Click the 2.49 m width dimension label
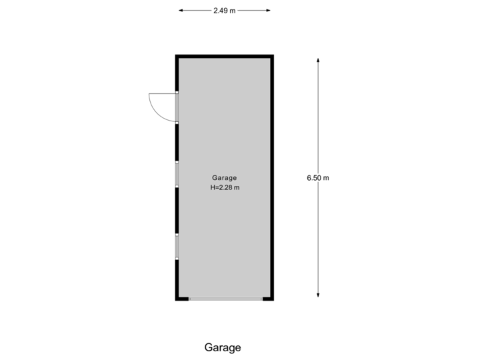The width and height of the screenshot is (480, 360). [224, 11]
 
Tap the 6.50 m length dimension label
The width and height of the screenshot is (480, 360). [318, 178]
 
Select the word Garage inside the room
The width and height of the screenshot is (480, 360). [224, 178]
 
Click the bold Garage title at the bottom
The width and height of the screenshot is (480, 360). [223, 347]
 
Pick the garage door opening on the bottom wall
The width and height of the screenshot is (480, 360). [225, 299]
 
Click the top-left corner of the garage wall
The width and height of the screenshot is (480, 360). [177, 57]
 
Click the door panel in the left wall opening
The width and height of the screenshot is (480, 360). [177, 107]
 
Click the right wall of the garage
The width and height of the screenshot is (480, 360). [272, 178]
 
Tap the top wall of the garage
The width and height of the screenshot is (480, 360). [224, 57]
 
